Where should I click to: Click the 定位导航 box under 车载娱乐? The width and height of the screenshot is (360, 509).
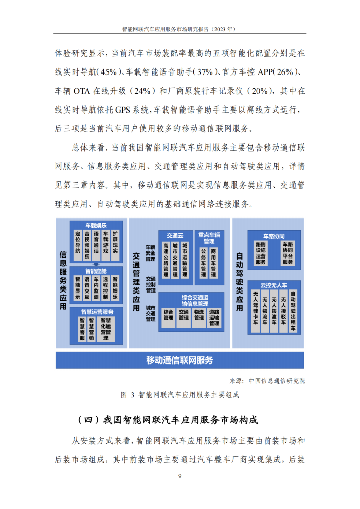[78, 245]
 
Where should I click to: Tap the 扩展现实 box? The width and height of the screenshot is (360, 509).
[115, 245]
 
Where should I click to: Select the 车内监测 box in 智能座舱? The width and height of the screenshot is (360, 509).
[96, 288]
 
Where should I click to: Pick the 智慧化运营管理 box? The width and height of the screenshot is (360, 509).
[106, 329]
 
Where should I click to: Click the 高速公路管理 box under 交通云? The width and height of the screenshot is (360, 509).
[166, 260]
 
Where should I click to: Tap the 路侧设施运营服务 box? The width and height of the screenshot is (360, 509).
[261, 253]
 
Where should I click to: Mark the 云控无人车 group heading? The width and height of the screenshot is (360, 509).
[274, 285]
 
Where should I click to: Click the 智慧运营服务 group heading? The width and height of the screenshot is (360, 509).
[97, 312]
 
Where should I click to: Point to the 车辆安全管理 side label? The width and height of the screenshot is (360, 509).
[150, 253]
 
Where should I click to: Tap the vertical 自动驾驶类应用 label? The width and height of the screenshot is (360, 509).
[239, 282]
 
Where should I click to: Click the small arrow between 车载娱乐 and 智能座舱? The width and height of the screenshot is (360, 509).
[96, 264]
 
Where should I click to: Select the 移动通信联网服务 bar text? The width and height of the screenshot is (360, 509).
[179, 360]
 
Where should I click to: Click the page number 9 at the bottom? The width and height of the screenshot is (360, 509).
[180, 476]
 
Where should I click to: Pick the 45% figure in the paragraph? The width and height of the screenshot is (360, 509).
[109, 72]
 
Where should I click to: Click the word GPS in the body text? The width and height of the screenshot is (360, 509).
[123, 110]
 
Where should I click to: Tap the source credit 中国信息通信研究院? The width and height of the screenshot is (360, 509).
[277, 381]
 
